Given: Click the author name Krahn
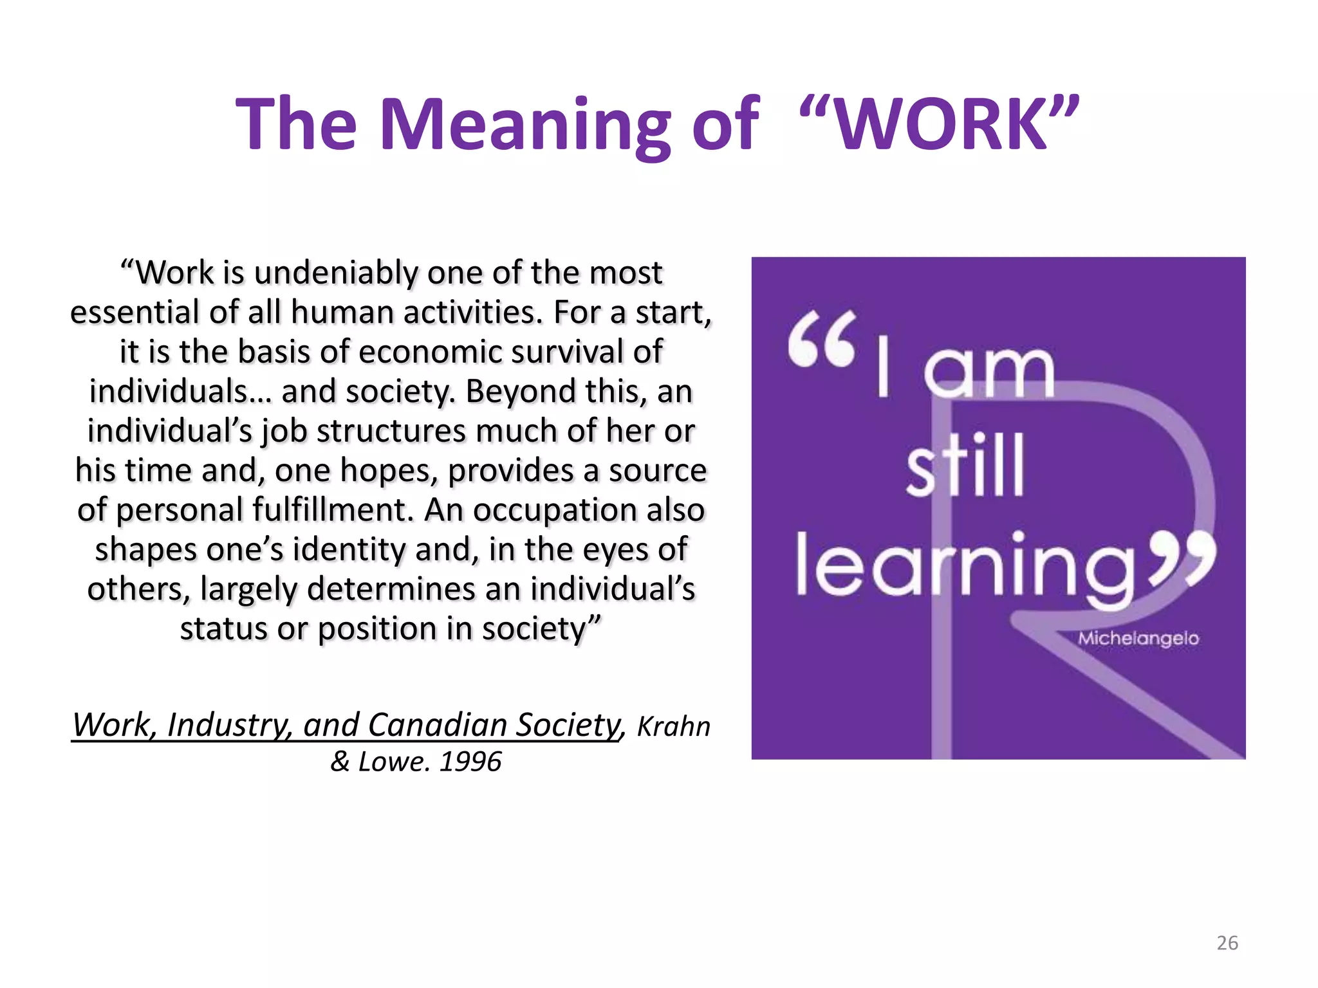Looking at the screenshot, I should coord(673,726).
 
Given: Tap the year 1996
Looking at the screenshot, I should coord(470,762).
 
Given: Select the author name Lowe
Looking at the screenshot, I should coord(393,762).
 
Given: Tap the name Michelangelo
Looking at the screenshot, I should coord(1138,638).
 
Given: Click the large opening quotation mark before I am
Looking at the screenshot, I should coord(822,339).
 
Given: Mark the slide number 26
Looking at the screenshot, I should coord(1227,942).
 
